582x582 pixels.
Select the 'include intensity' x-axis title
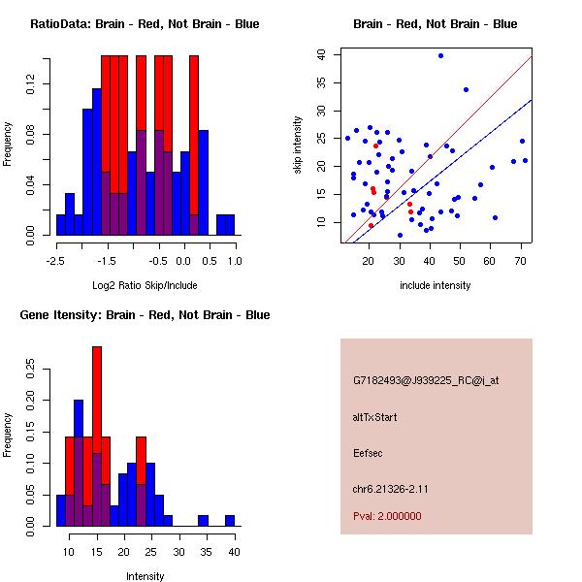point(436,285)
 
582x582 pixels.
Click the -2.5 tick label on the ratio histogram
point(55,260)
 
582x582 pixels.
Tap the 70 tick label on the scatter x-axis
point(521,260)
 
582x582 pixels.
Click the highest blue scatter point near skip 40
point(440,55)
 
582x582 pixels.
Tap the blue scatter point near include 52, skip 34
point(466,89)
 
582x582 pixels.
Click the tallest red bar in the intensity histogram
point(97,436)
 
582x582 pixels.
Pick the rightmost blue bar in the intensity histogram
point(230,521)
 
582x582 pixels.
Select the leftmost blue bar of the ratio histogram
point(60,225)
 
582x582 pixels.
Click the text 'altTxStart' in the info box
point(374,417)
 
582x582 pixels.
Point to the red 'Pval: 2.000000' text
point(387,516)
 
